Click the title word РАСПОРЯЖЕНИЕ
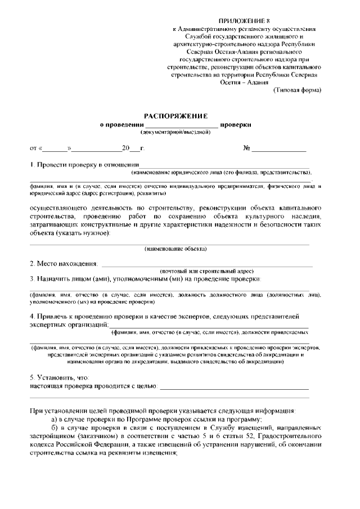click(175, 115)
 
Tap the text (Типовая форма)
click(297, 89)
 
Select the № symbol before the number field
click(246, 148)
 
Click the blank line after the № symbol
click(279, 150)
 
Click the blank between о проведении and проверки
click(181, 125)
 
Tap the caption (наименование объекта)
click(175, 248)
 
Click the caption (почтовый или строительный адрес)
click(206, 271)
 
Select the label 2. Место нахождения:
click(64, 263)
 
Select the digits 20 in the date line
click(125, 149)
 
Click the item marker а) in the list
click(54, 420)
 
